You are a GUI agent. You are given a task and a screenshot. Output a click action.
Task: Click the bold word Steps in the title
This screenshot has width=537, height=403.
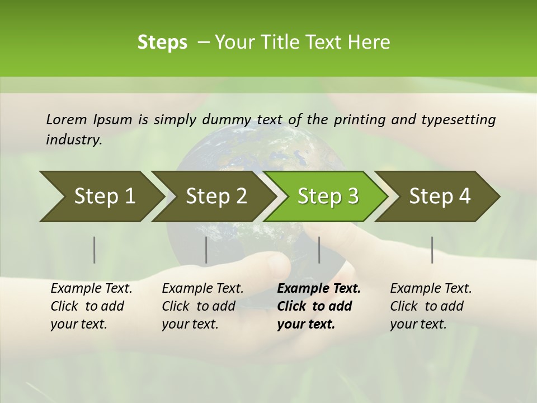[162, 43]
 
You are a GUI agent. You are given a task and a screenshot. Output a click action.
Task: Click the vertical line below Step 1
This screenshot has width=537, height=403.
[94, 250]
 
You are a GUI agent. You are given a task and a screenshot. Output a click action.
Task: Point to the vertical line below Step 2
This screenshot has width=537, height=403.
[206, 250]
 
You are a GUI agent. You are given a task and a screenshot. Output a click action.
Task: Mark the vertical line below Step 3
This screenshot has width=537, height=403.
[319, 250]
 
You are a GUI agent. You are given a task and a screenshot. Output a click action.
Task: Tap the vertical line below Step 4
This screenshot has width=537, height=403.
[432, 250]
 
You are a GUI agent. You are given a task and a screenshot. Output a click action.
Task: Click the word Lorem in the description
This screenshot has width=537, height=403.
[66, 119]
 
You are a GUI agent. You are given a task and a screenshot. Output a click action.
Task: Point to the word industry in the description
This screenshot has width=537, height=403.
[74, 139]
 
